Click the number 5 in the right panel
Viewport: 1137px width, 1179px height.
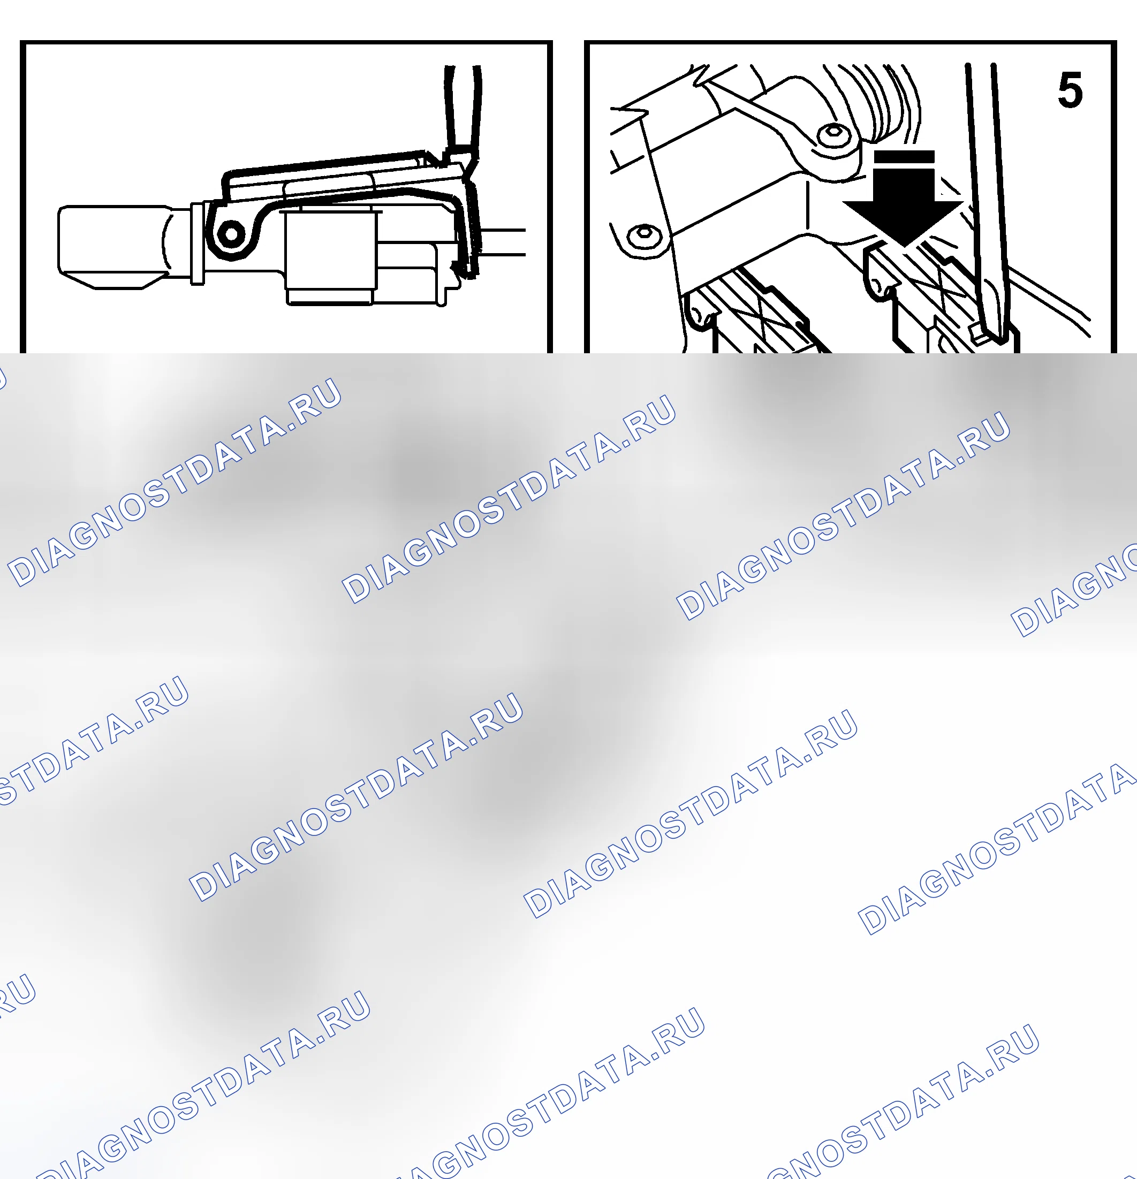[1070, 90]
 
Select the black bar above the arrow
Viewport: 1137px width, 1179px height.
[904, 157]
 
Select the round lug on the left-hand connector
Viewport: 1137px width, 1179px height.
[698, 313]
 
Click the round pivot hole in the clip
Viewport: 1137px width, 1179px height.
[230, 233]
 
